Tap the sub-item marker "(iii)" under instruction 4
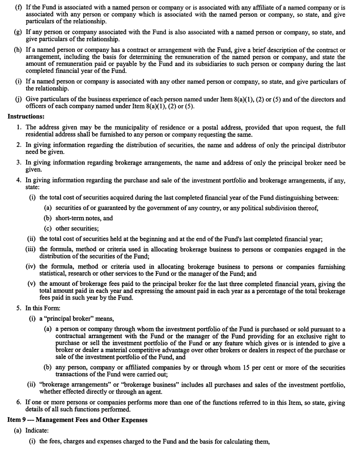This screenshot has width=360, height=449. tap(31, 249)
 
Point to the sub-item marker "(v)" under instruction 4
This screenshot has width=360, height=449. tap(31, 284)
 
